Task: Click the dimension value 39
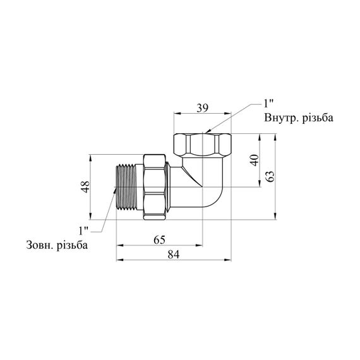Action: click(x=203, y=108)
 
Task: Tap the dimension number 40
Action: click(x=255, y=160)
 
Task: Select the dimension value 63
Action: click(x=270, y=176)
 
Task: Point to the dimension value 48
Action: click(x=86, y=187)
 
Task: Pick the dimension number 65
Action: click(x=159, y=240)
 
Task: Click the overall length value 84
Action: click(x=173, y=255)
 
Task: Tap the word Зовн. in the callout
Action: click(x=40, y=245)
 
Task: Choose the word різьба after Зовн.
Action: click(x=73, y=245)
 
